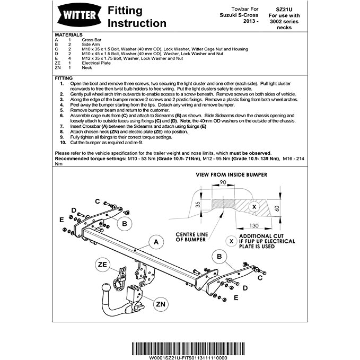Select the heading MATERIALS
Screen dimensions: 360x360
(x=68, y=34)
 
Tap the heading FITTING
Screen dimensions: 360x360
(x=65, y=78)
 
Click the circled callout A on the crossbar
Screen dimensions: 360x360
(x=156, y=243)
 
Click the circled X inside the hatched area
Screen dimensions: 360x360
(x=253, y=206)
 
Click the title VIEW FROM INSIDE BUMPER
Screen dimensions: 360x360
(x=231, y=174)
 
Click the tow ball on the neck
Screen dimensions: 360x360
(x=106, y=289)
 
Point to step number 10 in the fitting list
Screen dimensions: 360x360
(x=63, y=143)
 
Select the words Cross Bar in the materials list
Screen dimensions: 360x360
(x=91, y=39)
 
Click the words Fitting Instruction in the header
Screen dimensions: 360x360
(x=137, y=16)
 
